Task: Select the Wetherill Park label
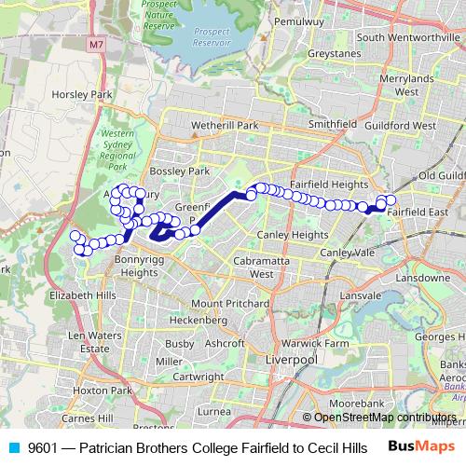[x=224, y=125]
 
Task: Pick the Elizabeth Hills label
[x=85, y=295]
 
